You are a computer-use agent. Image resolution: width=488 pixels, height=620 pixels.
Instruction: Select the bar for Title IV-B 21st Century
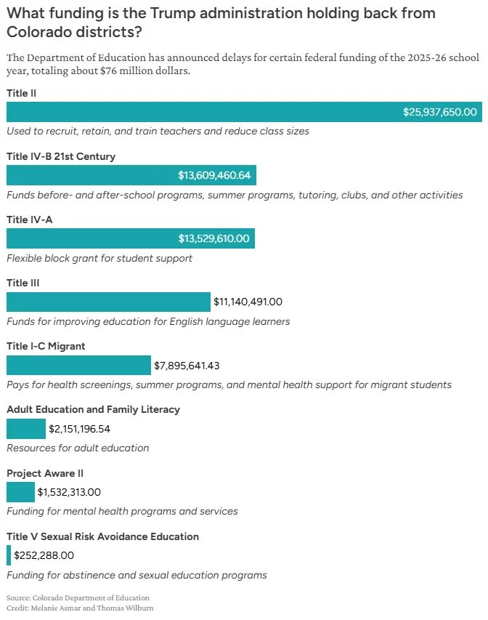click(x=131, y=175)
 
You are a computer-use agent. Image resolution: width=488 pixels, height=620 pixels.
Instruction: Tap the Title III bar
click(x=108, y=302)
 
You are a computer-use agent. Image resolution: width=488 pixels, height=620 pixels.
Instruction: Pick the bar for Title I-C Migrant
click(x=78, y=365)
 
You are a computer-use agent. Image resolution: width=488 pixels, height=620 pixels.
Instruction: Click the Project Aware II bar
click(x=20, y=492)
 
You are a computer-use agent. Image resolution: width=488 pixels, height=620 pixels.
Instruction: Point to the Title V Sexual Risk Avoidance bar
click(x=9, y=555)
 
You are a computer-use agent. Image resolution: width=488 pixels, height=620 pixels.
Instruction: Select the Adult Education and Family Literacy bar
click(x=26, y=429)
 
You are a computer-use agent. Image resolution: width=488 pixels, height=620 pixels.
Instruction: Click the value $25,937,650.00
click(x=440, y=112)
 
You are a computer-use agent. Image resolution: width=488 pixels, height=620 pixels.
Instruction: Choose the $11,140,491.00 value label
click(x=248, y=302)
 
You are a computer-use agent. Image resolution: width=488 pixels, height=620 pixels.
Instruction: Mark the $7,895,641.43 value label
click(x=187, y=365)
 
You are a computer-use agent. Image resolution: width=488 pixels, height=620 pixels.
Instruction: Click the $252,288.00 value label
click(x=44, y=555)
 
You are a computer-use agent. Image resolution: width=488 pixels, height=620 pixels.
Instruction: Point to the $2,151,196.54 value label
click(x=79, y=429)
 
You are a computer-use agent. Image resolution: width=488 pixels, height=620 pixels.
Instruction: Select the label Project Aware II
click(x=45, y=472)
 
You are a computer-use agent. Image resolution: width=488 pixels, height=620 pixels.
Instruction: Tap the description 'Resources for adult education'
click(x=78, y=448)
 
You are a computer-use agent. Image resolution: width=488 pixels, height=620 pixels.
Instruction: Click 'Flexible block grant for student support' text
click(x=99, y=258)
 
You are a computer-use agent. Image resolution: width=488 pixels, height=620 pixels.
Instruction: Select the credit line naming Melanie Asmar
click(x=81, y=607)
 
